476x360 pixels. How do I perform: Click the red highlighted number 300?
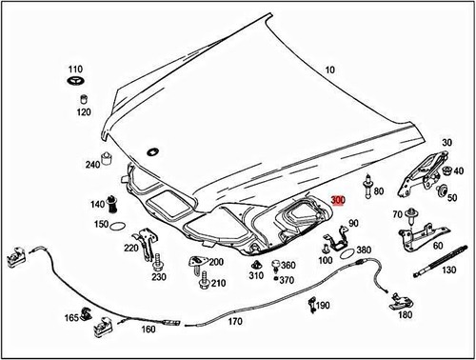click(338, 200)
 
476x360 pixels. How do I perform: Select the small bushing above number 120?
click(84, 99)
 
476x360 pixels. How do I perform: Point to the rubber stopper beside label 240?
click(107, 159)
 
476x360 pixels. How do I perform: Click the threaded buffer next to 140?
click(111, 205)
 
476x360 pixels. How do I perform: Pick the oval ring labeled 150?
click(117, 226)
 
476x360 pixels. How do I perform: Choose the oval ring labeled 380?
click(347, 253)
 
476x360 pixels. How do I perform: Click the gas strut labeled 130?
click(441, 261)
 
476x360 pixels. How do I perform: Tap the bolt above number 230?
click(158, 263)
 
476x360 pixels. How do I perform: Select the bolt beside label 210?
click(205, 280)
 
